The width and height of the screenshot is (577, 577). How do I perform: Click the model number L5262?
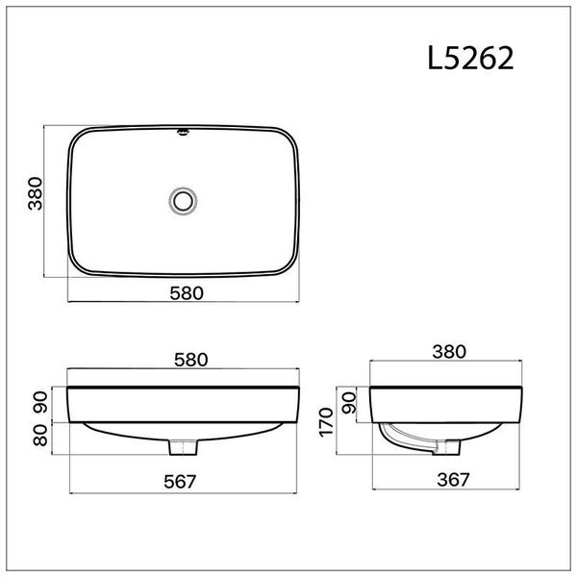[x=470, y=59]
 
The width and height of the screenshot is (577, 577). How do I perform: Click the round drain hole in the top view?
[x=183, y=201]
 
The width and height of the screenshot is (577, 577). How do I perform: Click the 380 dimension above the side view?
[x=449, y=352]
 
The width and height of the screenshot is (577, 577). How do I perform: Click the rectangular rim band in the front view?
[x=183, y=402]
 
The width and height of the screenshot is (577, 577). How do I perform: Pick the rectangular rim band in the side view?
[x=449, y=402]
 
